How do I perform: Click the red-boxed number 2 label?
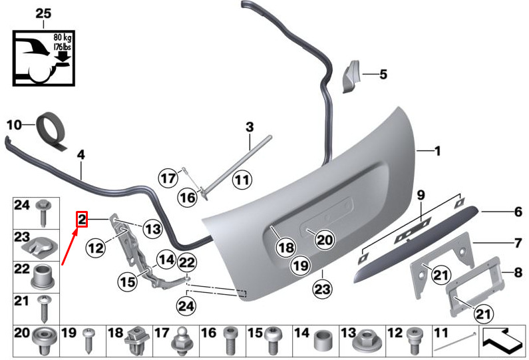coord(82,220)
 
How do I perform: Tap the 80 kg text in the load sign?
coord(62,37)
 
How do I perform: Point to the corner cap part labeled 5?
coord(351,77)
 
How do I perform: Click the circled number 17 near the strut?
coord(168,178)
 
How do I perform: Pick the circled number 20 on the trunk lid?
coord(325,240)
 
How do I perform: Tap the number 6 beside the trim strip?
coord(518,212)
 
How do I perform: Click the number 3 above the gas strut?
coord(250,127)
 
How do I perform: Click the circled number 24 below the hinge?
coord(186,306)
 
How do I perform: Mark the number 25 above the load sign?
coord(43,14)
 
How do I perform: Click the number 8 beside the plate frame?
coord(518,272)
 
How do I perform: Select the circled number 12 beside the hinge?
coord(95,248)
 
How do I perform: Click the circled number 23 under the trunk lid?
coord(321,289)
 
